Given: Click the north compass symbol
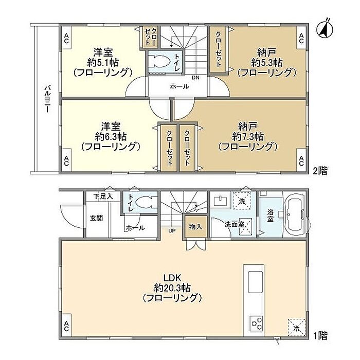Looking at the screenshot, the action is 325,30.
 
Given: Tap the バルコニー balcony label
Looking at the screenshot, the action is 47,99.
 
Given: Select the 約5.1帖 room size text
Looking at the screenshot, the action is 103,62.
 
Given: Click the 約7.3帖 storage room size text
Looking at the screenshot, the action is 248,137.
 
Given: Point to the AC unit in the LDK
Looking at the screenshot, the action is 66,326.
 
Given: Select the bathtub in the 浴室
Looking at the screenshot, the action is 295,214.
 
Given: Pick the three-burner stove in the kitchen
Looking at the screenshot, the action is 257,323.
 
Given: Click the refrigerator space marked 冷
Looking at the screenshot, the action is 297,328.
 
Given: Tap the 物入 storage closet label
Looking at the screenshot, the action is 195,227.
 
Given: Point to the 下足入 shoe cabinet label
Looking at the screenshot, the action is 103,196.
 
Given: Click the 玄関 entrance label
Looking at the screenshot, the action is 96,218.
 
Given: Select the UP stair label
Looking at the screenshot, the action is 172,231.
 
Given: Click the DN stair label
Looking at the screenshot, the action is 195,78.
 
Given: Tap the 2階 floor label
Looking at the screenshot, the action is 320,171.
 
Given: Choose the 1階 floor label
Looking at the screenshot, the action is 320,336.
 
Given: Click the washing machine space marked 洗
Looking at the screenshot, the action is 242,201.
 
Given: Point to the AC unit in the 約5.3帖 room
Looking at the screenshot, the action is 301,38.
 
